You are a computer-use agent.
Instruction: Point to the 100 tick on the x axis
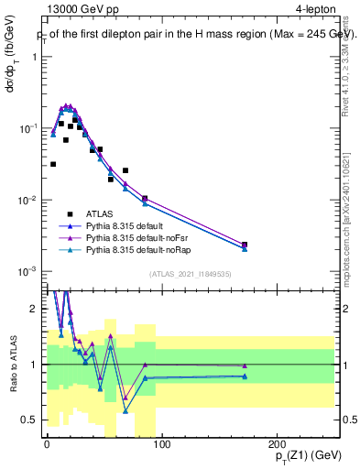click(x=161, y=444)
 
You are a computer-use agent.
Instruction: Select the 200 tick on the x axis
click(x=277, y=444)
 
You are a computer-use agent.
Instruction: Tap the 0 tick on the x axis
click(x=47, y=444)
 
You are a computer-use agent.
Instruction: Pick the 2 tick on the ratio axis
click(x=35, y=309)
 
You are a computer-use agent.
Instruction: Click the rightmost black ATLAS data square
click(x=245, y=245)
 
